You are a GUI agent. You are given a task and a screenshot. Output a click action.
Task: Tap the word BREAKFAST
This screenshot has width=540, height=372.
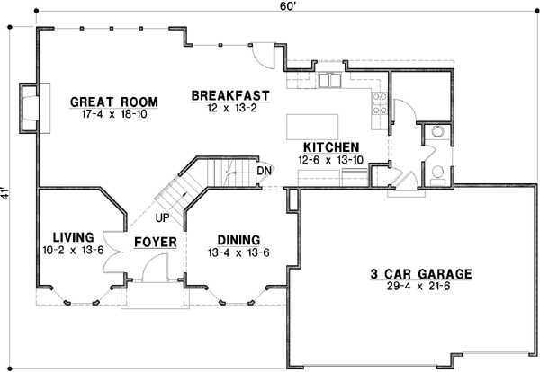pyautogui.click(x=230, y=94)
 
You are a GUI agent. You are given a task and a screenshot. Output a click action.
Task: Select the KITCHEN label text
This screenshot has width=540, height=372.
pyautogui.click(x=331, y=146)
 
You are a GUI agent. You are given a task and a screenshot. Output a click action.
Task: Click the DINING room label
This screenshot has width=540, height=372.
pyautogui.click(x=238, y=240)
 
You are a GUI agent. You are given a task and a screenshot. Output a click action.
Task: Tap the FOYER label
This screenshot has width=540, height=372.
pyautogui.click(x=154, y=243)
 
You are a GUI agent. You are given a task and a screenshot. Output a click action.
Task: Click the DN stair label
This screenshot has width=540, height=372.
pyautogui.click(x=265, y=171)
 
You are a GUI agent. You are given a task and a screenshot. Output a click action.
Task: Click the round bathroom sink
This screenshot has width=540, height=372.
pyautogui.click(x=437, y=132)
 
